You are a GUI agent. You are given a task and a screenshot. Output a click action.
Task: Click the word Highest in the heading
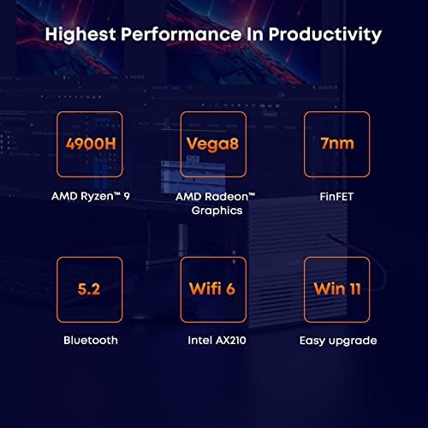tap(80, 35)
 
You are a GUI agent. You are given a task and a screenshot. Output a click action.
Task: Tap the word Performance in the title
tap(181, 34)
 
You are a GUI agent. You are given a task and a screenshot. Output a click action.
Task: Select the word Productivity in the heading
tap(325, 35)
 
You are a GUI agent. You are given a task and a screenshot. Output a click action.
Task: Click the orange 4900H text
tap(91, 144)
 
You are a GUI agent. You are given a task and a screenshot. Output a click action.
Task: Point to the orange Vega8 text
tap(212, 144)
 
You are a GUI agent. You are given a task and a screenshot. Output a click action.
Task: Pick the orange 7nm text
tap(337, 143)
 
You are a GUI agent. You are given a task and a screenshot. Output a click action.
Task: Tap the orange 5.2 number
tap(89, 288)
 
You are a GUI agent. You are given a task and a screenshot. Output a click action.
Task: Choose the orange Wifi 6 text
tap(212, 288)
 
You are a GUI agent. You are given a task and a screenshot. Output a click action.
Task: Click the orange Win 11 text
tap(337, 288)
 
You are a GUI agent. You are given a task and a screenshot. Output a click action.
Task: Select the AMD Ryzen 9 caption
tap(91, 196)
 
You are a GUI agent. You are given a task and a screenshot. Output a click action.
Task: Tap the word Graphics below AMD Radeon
tap(217, 211)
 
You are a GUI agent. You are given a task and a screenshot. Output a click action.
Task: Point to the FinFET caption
tap(336, 197)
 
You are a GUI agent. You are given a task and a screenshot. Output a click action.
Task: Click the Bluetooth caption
tap(91, 340)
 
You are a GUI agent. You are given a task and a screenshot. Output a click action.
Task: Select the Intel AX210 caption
tap(217, 340)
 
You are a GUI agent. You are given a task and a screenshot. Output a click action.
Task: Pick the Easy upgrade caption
tap(338, 341)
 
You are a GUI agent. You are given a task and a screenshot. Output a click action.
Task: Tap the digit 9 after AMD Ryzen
tap(127, 196)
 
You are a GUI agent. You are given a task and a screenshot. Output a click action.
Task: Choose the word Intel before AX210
tap(199, 340)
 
